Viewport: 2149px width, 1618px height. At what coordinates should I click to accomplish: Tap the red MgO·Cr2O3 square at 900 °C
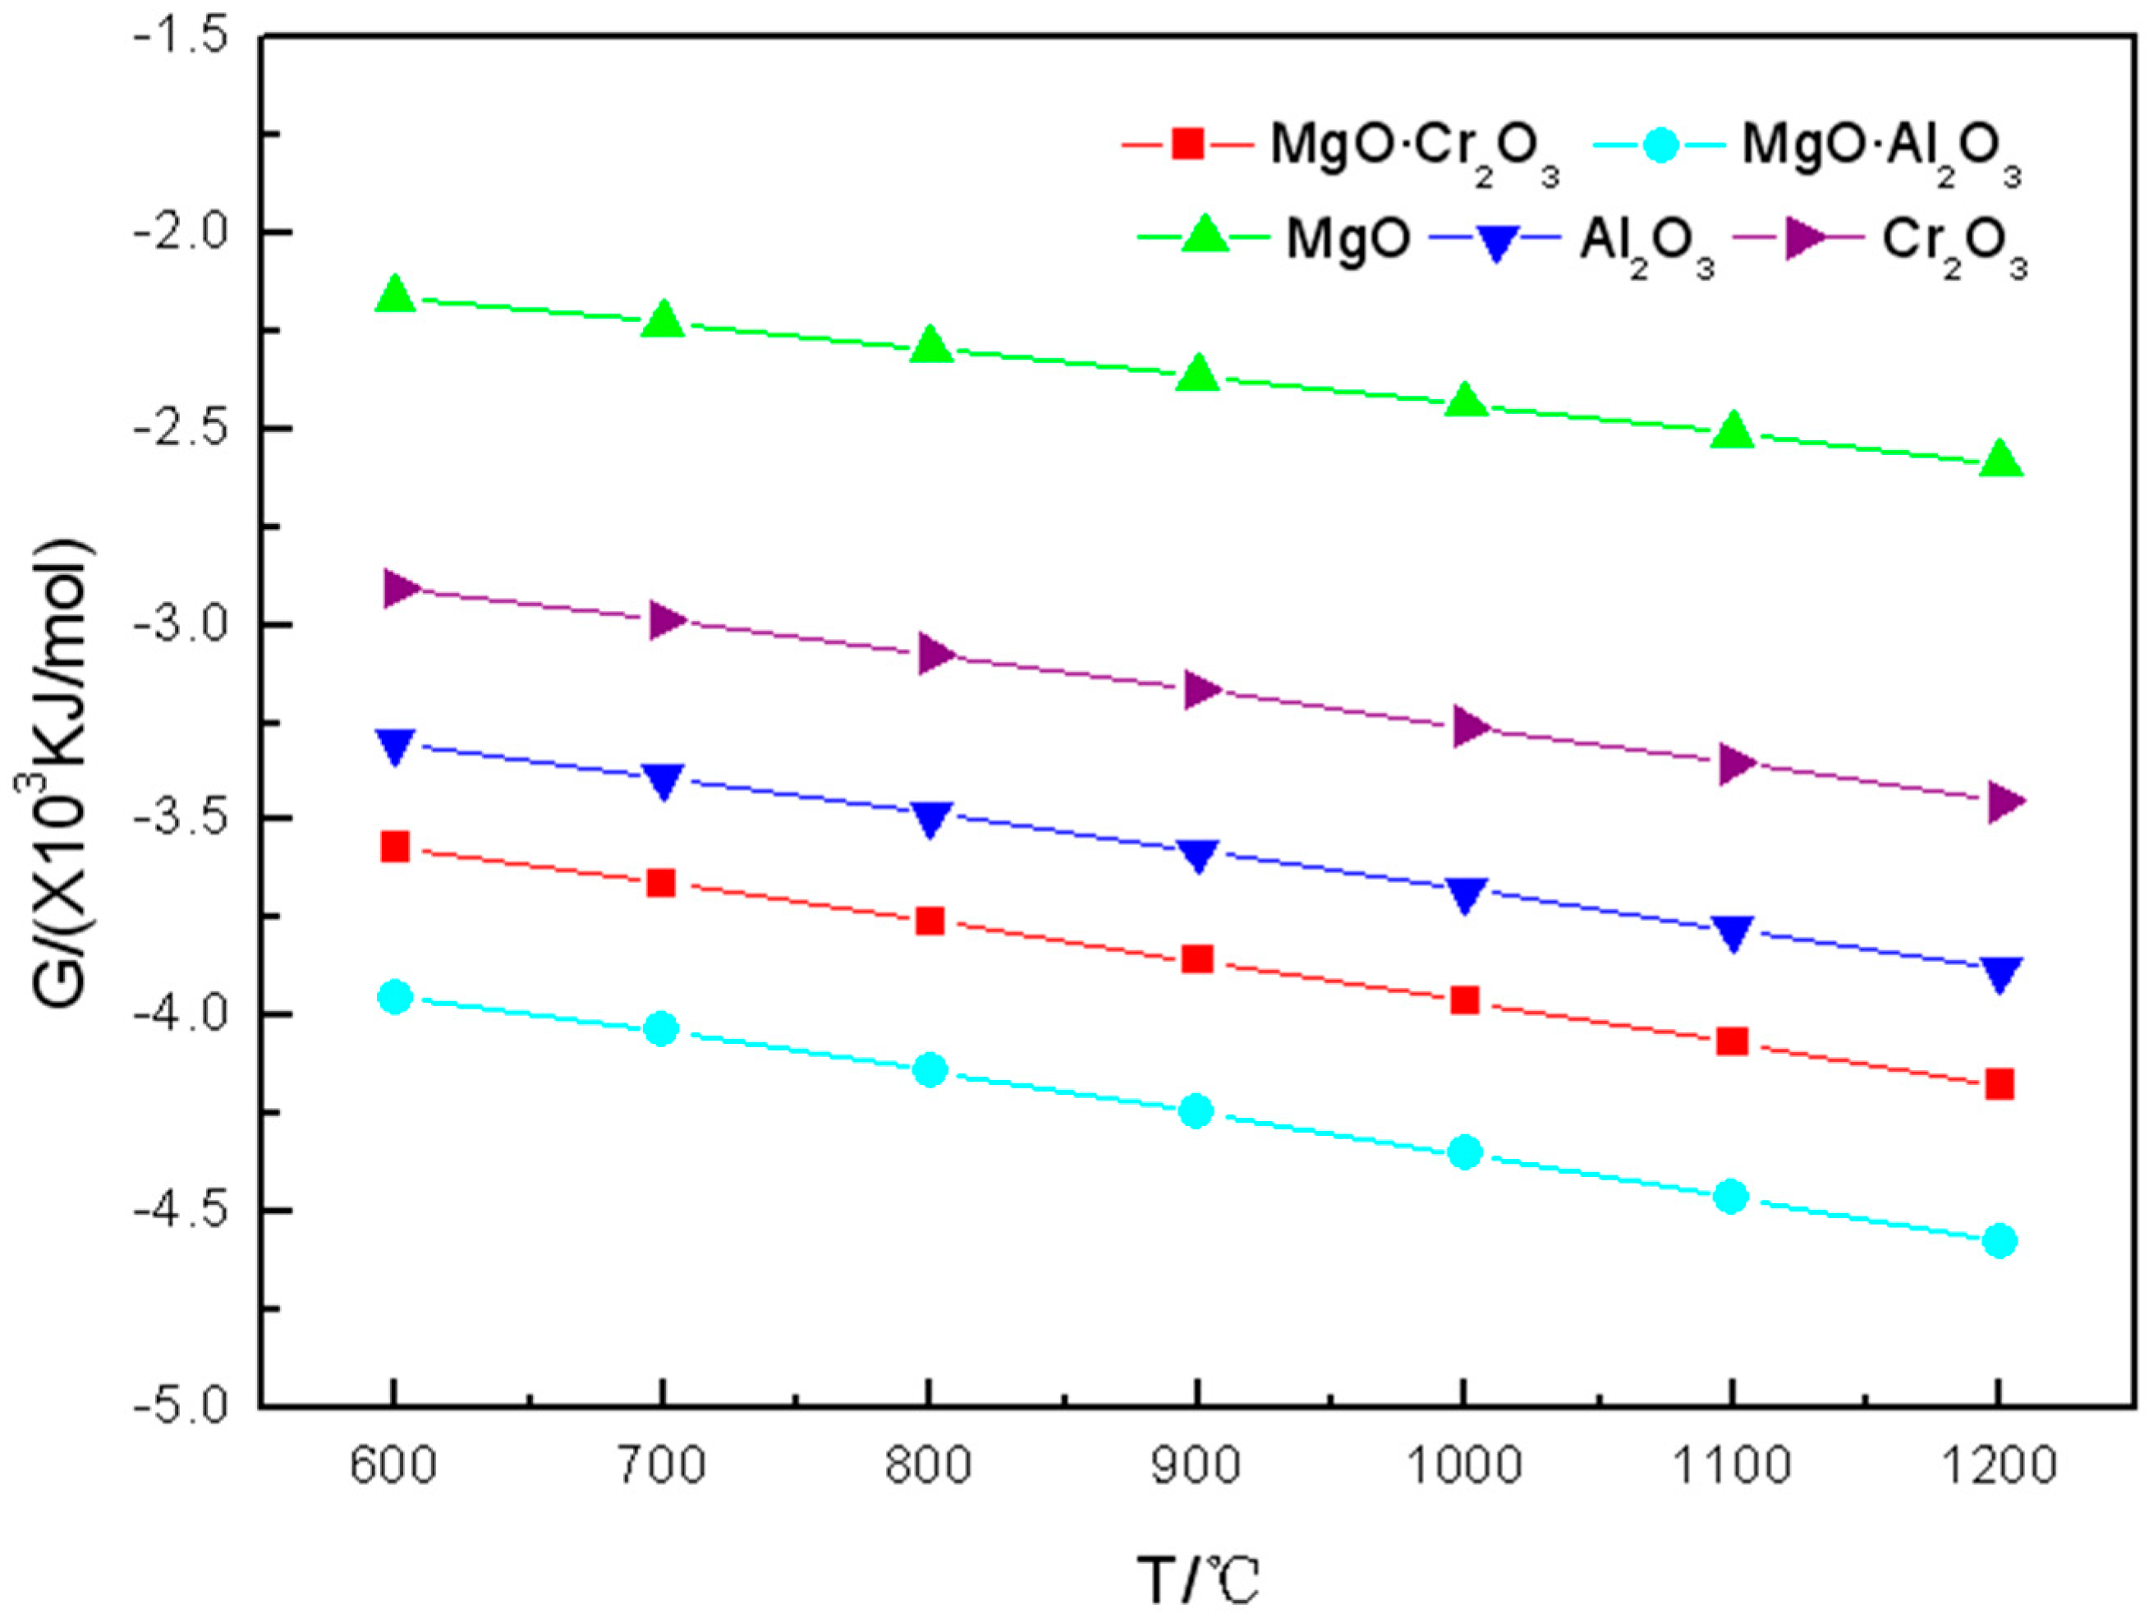pyautogui.click(x=1197, y=959)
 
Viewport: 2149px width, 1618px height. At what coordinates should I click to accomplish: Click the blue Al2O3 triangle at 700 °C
pyautogui.click(x=663, y=780)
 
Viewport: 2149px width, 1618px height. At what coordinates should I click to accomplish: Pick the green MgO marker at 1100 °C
pyautogui.click(x=1732, y=430)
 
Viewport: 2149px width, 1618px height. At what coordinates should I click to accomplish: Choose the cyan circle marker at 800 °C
pyautogui.click(x=930, y=1070)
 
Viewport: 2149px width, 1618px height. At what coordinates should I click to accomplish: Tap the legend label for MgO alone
pyautogui.click(x=1348, y=240)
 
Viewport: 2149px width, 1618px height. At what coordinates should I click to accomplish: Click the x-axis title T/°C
pyautogui.click(x=1197, y=1580)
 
